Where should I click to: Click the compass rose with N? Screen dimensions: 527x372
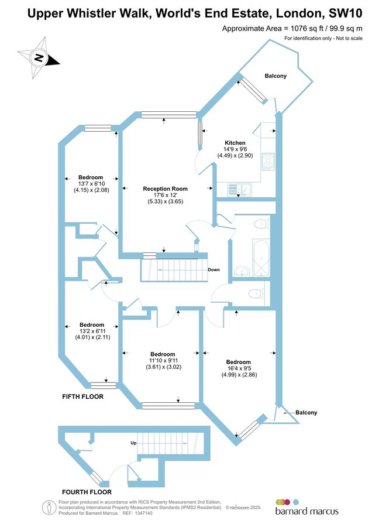click(39, 57)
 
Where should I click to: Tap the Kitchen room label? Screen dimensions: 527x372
click(235, 143)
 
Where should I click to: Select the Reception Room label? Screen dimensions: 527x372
click(166, 189)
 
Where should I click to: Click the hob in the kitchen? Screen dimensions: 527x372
click(268, 161)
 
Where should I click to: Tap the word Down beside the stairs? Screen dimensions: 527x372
click(213, 270)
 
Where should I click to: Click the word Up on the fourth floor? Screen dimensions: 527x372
click(133, 443)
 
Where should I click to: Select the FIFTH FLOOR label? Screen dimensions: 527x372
click(82, 397)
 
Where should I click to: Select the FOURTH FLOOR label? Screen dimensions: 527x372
click(87, 492)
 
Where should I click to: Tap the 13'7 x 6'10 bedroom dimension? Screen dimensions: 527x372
click(90, 184)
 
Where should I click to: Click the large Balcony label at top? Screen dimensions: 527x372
click(275, 76)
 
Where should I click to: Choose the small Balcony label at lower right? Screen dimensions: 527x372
click(306, 413)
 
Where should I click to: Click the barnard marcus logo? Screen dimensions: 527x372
click(306, 507)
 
